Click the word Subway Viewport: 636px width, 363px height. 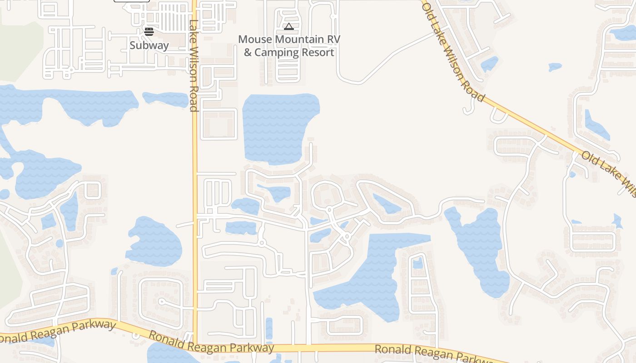point(149,45)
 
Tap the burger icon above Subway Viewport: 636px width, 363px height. point(149,31)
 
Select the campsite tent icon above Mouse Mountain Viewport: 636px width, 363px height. point(289,27)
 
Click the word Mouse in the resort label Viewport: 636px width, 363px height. point(254,39)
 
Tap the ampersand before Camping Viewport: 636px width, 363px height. point(248,52)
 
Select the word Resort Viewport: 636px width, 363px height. point(318,52)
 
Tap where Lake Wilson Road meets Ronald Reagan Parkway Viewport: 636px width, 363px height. point(195,346)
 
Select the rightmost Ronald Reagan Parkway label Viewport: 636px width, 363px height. point(434,353)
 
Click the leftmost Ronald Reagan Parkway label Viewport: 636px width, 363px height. point(59,331)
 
